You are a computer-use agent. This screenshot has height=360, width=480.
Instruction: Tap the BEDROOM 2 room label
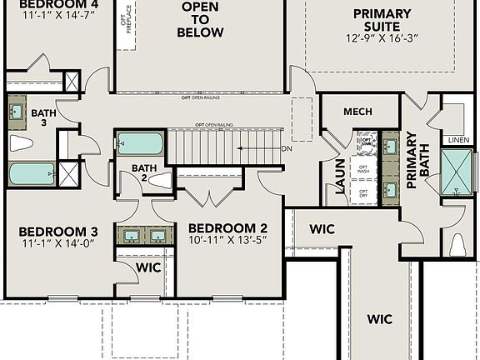click(x=227, y=228)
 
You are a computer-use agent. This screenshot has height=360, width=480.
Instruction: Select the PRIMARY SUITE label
click(x=382, y=20)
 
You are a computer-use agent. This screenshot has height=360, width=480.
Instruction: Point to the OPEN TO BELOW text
click(x=200, y=20)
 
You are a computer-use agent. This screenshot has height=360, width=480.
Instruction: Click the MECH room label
click(x=357, y=112)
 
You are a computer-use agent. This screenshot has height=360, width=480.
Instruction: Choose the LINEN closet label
click(x=458, y=139)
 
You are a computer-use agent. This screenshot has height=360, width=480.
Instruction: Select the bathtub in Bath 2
click(x=140, y=143)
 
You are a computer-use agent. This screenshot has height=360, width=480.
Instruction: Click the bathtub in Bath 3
click(x=32, y=174)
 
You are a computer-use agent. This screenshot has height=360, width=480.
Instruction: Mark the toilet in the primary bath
click(x=457, y=244)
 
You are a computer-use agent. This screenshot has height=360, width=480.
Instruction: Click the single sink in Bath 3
click(x=17, y=111)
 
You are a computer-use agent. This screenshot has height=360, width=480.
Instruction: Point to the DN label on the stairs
click(x=286, y=149)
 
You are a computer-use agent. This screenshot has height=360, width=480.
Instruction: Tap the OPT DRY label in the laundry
click(x=364, y=194)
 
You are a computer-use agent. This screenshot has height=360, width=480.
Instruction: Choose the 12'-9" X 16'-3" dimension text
click(x=382, y=38)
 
